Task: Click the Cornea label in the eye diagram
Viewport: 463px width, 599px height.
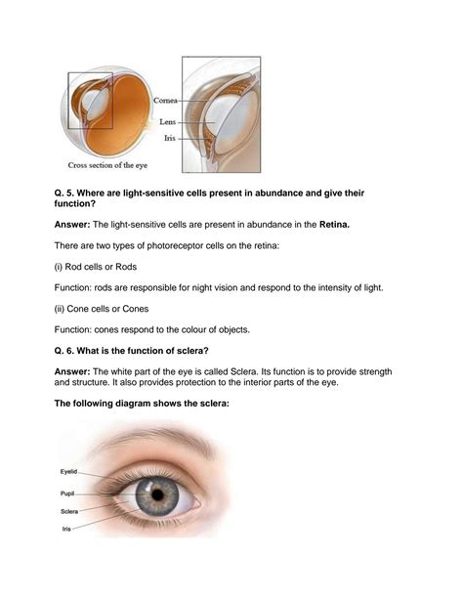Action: click(165, 101)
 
